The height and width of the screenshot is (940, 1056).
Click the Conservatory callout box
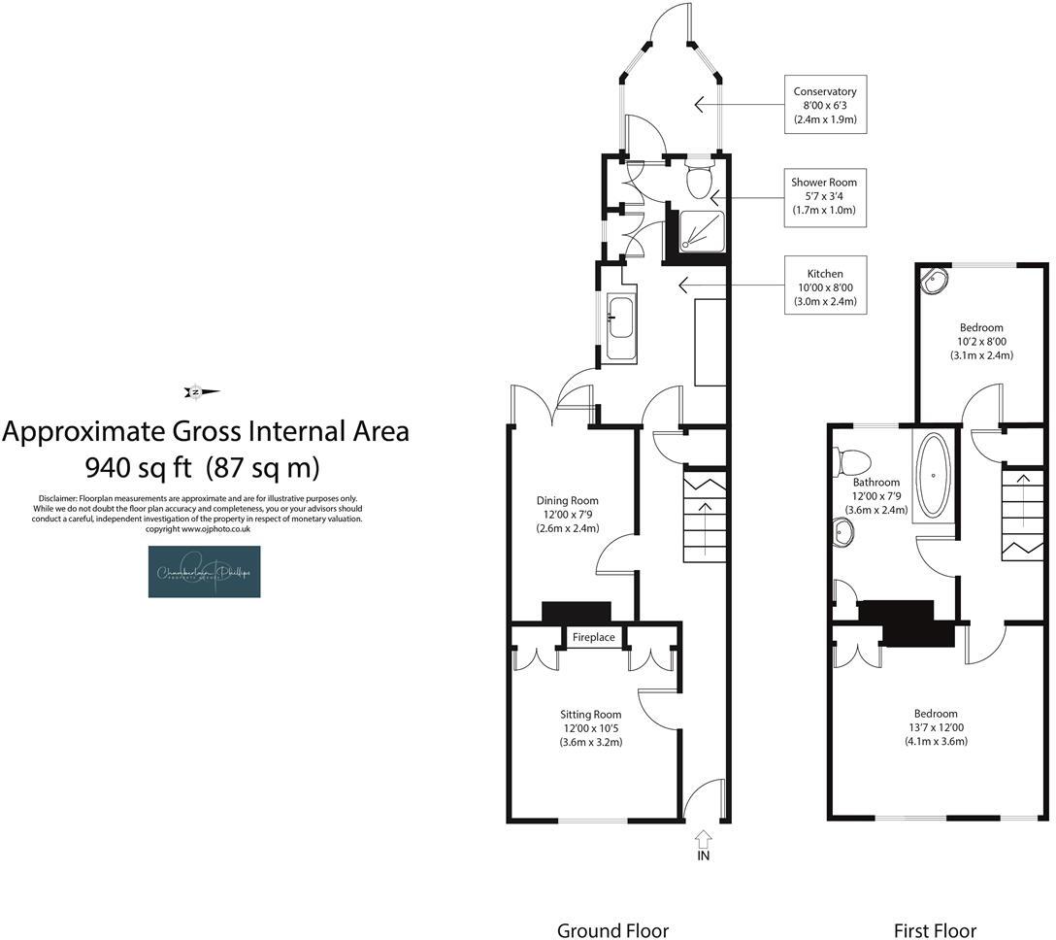coord(824,105)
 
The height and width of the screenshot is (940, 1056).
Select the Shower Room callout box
coord(824,196)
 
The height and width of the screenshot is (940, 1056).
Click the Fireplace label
coord(593,637)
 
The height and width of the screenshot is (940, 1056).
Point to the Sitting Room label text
coord(591,727)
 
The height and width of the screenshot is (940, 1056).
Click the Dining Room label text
coord(568,515)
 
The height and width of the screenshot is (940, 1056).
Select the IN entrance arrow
coord(704,841)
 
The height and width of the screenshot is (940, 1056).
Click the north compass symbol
coord(201,392)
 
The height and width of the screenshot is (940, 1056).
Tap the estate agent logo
coord(204,571)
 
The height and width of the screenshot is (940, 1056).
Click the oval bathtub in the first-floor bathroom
coord(934,473)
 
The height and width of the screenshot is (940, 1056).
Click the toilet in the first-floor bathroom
coord(852,459)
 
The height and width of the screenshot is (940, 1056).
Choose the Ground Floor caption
coord(612,929)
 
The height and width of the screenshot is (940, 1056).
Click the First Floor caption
coord(936,929)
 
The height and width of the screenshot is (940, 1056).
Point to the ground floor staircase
coord(704,520)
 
